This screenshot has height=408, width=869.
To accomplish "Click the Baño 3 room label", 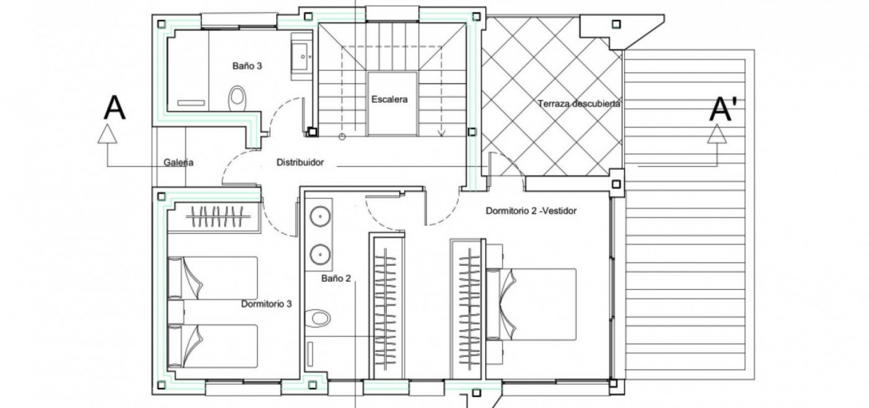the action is point(247,66).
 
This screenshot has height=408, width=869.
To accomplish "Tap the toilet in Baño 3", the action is point(238,98).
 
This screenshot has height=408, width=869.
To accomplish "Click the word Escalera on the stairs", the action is point(389,99).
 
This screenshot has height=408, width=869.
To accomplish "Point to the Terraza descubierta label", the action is point(578,104).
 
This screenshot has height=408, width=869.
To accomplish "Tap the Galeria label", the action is point(179,162).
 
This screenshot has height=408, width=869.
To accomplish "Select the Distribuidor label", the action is point(300,162).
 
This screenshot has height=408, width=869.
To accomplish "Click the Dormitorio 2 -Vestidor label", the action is point(531,211).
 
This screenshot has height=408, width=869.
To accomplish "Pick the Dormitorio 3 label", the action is point(266,303).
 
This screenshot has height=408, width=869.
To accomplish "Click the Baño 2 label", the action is point(336,278).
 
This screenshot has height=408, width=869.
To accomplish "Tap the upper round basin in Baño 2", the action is point(320,216).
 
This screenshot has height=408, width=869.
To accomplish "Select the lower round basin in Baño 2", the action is point(320,254).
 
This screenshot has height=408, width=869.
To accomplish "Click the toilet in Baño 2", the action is point(318,318).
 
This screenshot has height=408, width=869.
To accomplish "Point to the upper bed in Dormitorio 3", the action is point(213,278).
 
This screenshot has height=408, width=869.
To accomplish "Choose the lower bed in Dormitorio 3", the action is point(213,346).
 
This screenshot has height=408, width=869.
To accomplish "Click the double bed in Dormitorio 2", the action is point(531,304).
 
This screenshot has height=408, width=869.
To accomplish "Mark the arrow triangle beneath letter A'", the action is point(717,134).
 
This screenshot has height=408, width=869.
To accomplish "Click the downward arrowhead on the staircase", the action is point(441,133).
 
